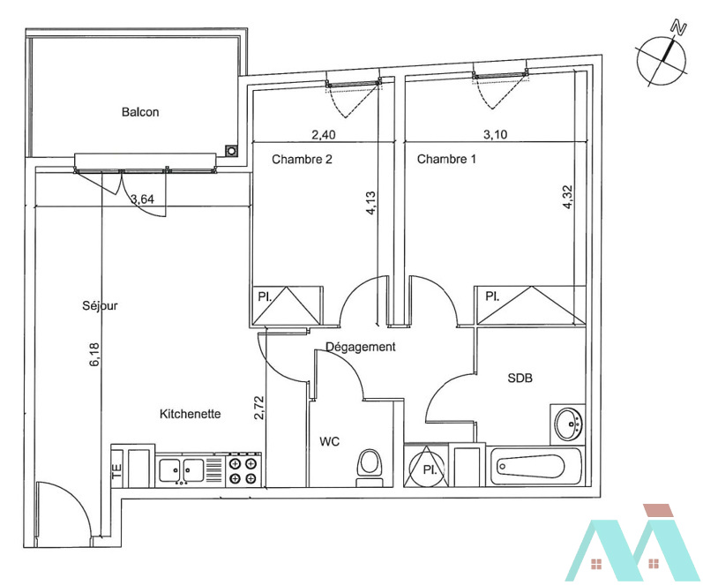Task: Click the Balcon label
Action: coord(140,112)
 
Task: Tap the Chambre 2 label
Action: coord(303,159)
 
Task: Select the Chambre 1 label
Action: coord(446,159)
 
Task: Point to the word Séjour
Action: coord(100,305)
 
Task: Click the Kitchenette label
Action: coord(191,414)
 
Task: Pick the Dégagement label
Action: coord(361,347)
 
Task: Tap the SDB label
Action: coord(520,379)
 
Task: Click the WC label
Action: coord(330,442)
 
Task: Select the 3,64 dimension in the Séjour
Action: coord(142,199)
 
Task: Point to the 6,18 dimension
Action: coord(95,355)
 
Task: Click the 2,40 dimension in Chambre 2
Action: coord(323,134)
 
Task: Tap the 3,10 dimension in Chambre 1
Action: coord(496,134)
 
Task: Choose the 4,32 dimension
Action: coord(567,198)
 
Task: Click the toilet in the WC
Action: coord(370,468)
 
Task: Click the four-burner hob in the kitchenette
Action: coord(243,470)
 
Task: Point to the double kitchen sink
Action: coord(182,470)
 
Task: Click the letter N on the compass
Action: coord(679,28)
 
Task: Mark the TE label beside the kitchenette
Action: coord(116,470)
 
